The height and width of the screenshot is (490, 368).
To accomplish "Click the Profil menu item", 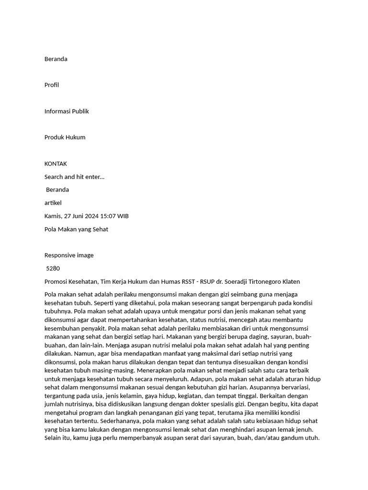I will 52,85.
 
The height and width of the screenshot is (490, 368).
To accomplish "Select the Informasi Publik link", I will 67,111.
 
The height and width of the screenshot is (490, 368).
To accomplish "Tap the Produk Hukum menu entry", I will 65,137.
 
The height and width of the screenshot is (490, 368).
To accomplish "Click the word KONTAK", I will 56,164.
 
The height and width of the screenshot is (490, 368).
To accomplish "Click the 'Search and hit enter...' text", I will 74,177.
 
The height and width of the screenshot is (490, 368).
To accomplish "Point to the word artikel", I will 53,203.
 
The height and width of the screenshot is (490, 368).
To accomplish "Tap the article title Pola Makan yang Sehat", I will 76,229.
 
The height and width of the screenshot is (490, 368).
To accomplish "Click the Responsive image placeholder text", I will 69,256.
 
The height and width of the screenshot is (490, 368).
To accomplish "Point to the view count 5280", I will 53,268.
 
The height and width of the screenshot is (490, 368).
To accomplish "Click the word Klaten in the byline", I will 290,282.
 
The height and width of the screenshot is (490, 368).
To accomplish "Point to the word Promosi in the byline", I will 56,282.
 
